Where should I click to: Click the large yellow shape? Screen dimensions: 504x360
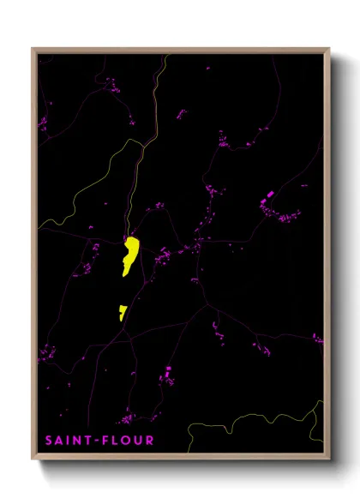coord(130,255)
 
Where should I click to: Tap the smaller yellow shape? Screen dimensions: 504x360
coord(123,311)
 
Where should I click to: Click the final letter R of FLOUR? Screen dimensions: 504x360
coord(150,441)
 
